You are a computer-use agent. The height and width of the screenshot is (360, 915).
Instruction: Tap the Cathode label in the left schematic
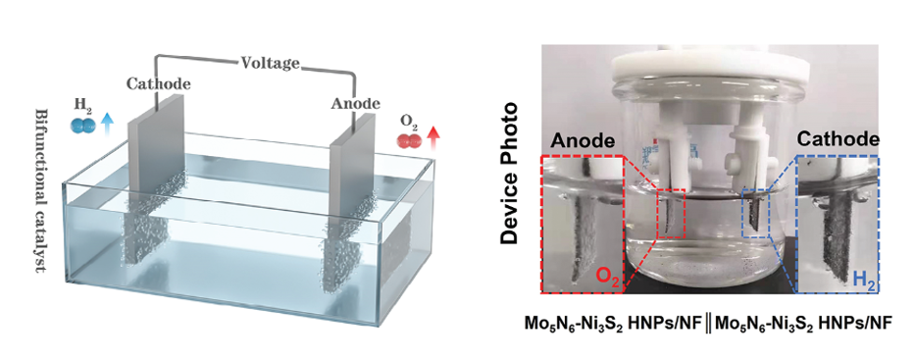(x=159, y=84)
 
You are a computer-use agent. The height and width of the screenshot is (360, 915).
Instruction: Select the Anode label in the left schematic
(x=355, y=104)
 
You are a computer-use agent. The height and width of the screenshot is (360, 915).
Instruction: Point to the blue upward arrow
(x=107, y=125)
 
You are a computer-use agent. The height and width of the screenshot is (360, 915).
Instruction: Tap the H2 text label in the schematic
(x=81, y=106)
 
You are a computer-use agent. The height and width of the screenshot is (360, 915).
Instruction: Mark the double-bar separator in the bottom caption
(x=707, y=323)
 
